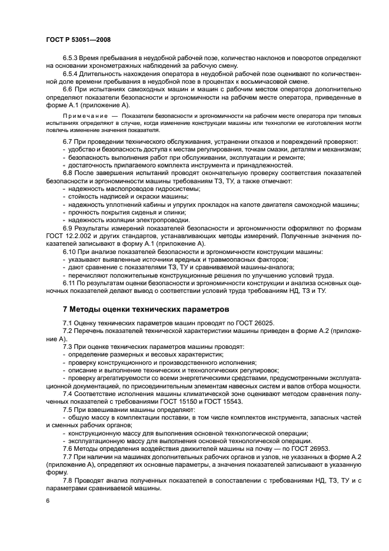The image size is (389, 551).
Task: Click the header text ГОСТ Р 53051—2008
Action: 78,39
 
